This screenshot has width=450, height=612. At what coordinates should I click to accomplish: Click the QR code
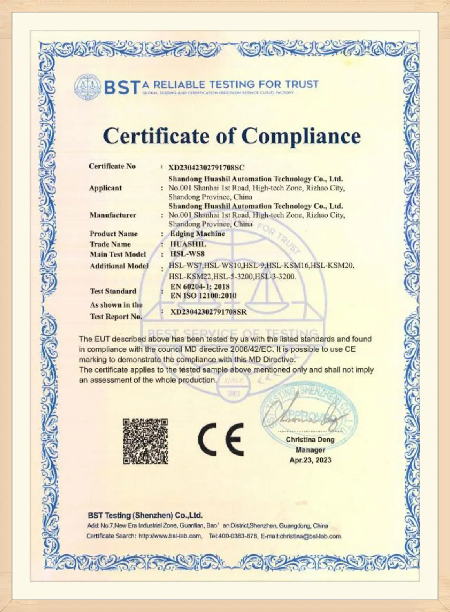145,442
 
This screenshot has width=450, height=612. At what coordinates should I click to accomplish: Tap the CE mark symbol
221,438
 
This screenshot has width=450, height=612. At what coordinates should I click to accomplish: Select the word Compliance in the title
301,136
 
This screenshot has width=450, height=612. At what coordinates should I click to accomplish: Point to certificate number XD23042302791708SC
206,168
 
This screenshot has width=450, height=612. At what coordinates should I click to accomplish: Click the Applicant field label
105,188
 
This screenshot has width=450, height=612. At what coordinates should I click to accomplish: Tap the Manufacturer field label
113,215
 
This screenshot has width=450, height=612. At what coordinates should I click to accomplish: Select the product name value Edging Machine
198,234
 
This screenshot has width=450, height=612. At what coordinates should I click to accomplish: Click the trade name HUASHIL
188,244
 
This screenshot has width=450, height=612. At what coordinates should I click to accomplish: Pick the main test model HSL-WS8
187,254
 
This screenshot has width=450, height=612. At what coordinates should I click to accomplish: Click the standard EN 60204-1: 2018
200,287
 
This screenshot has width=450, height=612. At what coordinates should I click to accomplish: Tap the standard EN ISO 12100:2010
203,296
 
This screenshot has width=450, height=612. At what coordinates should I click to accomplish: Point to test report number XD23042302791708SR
209,312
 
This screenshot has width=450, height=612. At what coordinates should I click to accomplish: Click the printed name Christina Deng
310,440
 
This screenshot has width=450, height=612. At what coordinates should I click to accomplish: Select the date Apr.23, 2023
310,460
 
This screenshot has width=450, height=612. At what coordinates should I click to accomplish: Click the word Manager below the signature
310,450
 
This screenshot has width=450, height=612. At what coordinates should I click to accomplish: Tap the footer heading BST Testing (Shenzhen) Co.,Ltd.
145,515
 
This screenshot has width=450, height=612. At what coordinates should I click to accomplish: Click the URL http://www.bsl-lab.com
170,536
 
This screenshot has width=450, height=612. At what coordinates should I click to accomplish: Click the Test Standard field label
113,291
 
